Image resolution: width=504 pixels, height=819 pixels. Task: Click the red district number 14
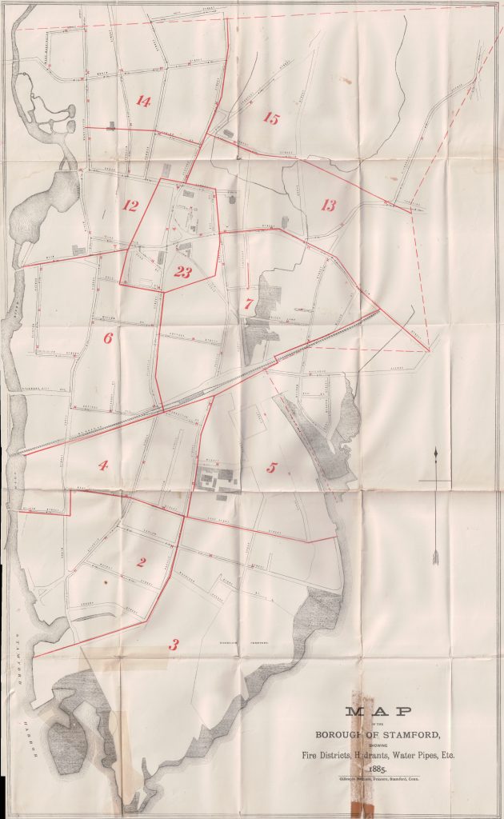point(143,102)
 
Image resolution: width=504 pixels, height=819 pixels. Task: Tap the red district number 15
point(271,119)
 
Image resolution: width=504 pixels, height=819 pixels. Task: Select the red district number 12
point(130,206)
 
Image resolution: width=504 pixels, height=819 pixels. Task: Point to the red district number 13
point(328,206)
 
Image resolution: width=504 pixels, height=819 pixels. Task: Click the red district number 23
point(183,273)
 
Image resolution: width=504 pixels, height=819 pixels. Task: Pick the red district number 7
point(250,304)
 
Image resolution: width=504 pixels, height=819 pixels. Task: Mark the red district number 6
point(108,338)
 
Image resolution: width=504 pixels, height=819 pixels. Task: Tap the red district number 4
point(103,465)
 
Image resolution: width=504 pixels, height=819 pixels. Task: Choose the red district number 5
point(272,468)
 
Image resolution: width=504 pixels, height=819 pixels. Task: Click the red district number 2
point(142,562)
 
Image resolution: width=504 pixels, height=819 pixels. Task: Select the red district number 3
point(174,644)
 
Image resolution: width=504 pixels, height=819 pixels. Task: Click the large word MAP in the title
point(378,713)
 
